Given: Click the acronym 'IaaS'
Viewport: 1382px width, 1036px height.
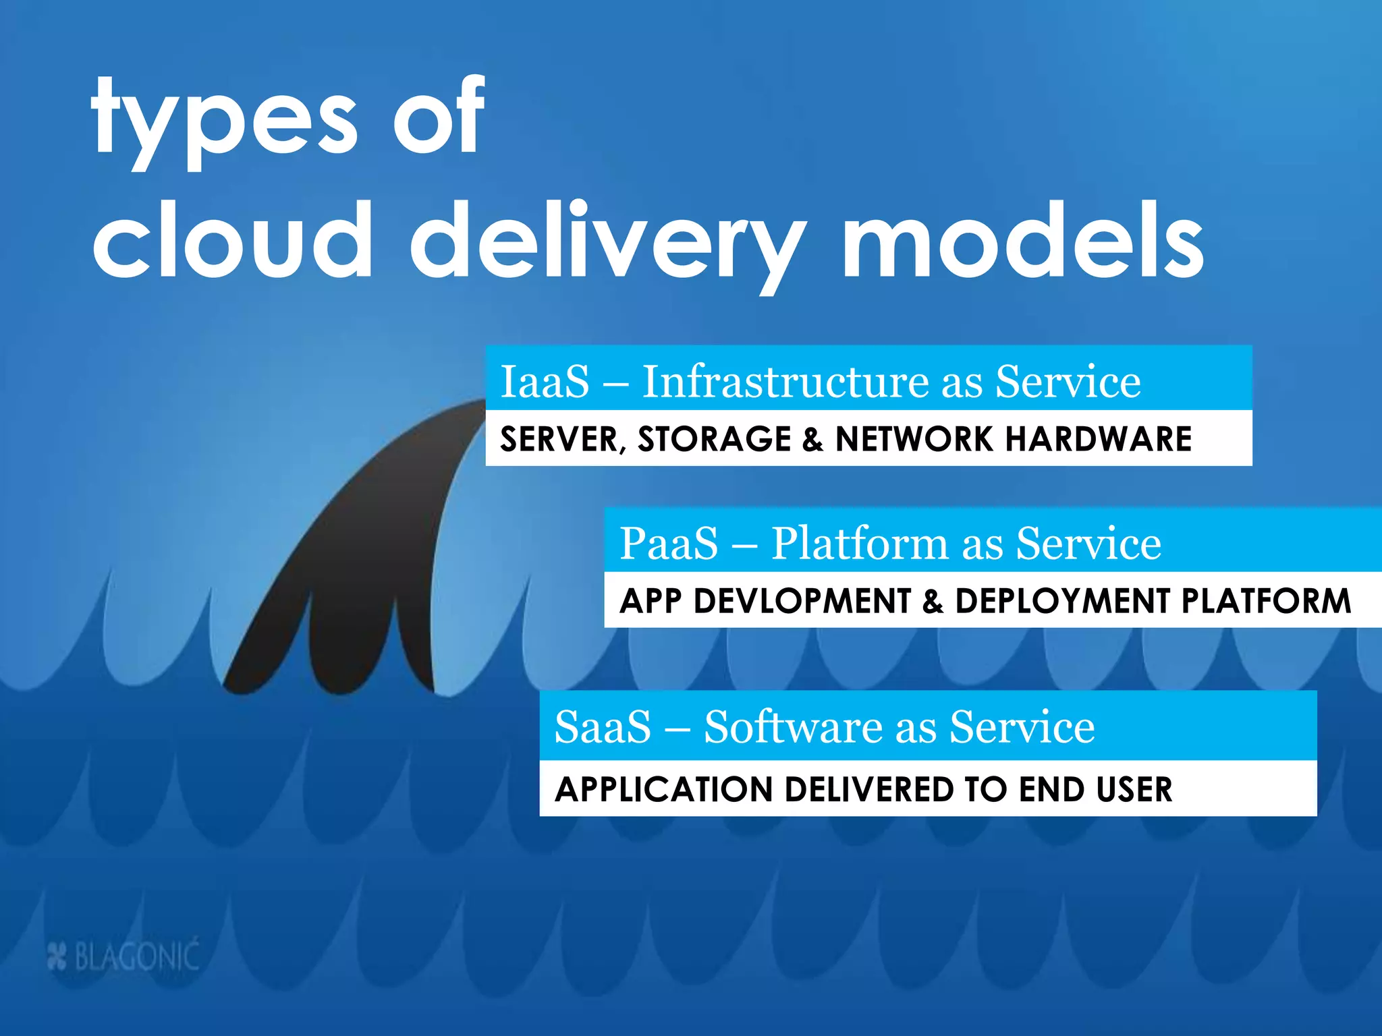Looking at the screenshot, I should point(545,382).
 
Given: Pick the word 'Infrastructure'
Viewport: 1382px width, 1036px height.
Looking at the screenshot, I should point(785,382).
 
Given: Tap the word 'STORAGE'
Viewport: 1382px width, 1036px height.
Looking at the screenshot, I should point(714,440).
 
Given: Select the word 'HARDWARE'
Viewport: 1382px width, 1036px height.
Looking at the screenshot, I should point(1099,440).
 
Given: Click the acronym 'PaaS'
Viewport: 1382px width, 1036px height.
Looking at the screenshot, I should point(669,543).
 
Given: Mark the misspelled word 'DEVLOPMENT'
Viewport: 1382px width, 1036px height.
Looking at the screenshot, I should point(802,601).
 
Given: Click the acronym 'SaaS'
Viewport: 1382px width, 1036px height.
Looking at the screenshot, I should point(603,727).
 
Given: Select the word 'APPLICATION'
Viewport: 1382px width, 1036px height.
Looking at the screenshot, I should point(663,790).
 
